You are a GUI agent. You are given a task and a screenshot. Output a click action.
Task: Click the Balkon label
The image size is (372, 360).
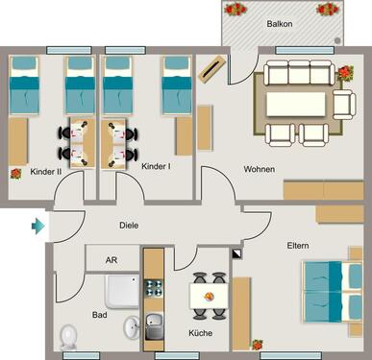click(279, 23)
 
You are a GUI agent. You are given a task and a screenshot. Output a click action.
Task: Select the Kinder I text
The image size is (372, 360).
click(156, 166)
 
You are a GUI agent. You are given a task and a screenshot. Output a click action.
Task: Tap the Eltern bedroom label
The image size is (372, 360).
click(298, 246)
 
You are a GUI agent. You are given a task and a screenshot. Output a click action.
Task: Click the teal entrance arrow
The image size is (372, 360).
click(38, 227)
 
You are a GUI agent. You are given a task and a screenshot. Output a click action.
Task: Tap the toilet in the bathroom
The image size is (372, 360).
click(68, 335)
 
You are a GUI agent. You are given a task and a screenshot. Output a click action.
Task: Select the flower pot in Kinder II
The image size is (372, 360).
click(15, 174)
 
